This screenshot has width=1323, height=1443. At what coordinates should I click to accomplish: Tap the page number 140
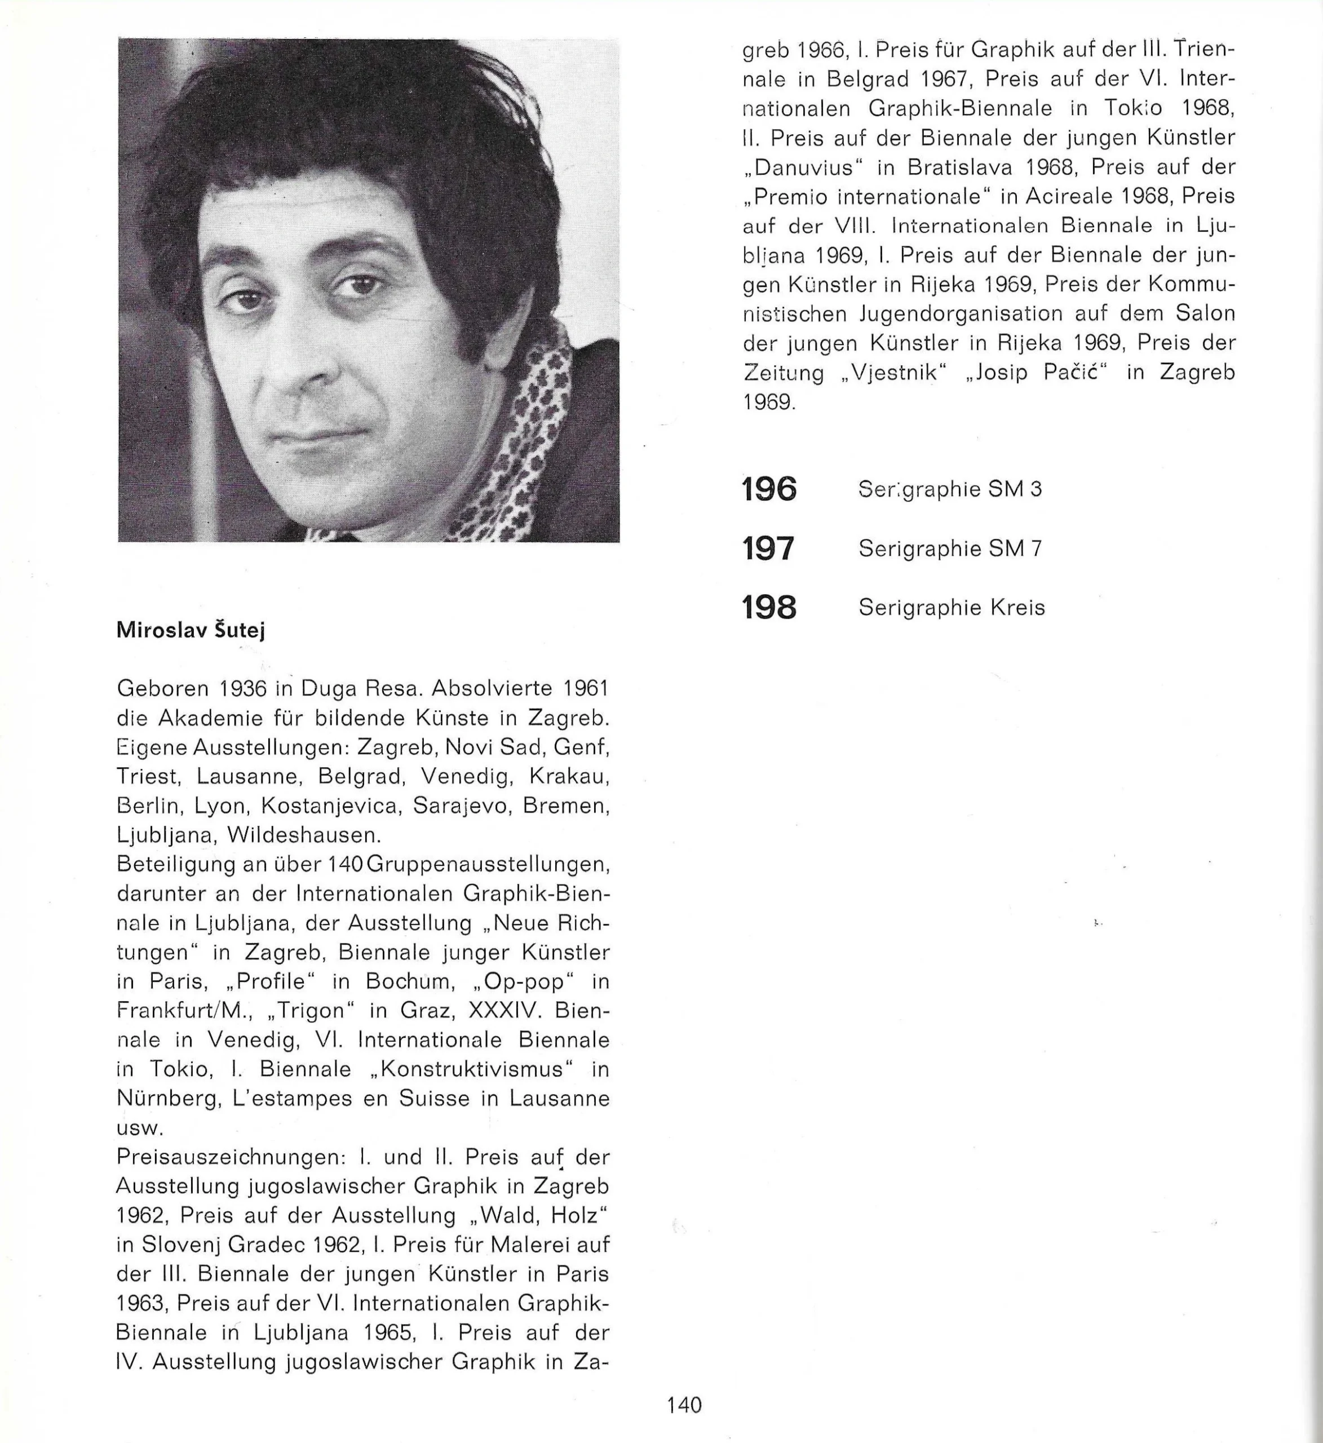684,1405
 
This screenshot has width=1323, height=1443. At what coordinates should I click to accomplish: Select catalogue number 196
769,490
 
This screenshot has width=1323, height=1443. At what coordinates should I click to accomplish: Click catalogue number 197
769,549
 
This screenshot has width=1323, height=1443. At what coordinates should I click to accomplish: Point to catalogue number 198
769,608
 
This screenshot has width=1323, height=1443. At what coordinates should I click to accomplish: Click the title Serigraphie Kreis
952,608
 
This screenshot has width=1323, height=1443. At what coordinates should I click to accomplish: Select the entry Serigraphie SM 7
950,549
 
